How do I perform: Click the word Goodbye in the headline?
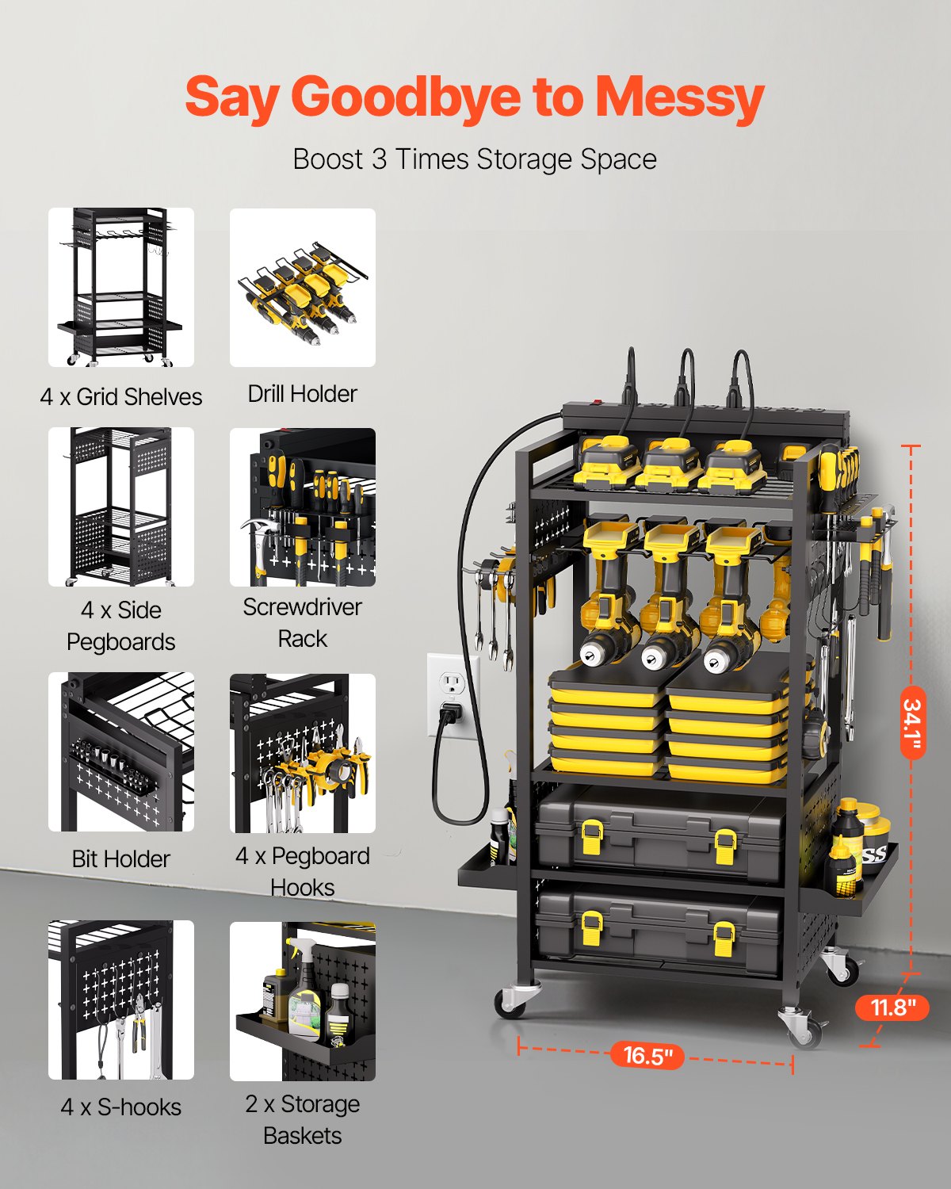[x=406, y=97]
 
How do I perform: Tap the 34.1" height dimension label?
[x=912, y=721]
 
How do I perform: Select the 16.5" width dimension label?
[x=647, y=1055]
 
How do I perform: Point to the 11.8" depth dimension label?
[x=892, y=1007]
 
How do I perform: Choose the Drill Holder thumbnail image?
[x=302, y=287]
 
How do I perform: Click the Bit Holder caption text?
[x=120, y=858]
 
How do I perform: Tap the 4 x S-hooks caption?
[x=120, y=1107]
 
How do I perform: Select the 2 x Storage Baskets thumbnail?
[x=302, y=1000]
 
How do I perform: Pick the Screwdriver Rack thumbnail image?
[x=302, y=507]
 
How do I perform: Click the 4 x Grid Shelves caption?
[x=120, y=396]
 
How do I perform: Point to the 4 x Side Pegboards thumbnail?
[x=120, y=507]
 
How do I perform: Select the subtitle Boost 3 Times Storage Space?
[x=475, y=159]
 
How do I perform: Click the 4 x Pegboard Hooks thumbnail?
[x=302, y=753]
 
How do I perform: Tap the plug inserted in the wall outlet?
[x=449, y=713]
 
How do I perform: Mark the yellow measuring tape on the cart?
[x=815, y=737]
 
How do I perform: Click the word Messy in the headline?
[x=679, y=97]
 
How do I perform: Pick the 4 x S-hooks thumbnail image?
[x=120, y=1000]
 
